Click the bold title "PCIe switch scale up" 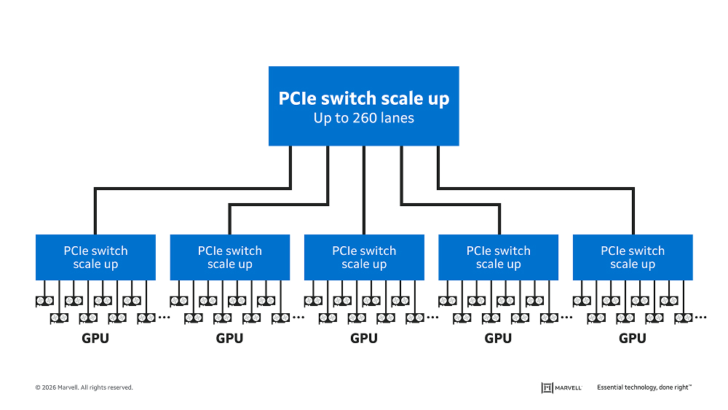pyautogui.click(x=364, y=98)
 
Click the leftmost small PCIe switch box pyautogui.click(x=95, y=257)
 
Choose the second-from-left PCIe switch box pyautogui.click(x=229, y=257)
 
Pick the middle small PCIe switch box pyautogui.click(x=364, y=257)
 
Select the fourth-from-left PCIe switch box pyautogui.click(x=498, y=257)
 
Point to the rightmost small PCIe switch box pyautogui.click(x=633, y=257)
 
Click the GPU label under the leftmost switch pyautogui.click(x=95, y=339)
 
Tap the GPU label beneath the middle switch pyautogui.click(x=364, y=339)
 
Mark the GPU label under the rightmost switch pyautogui.click(x=633, y=339)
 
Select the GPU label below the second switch pyautogui.click(x=229, y=339)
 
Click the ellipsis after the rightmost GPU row pyautogui.click(x=700, y=318)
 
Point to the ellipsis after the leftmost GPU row pyautogui.click(x=163, y=318)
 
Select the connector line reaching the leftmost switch pyautogui.click(x=95, y=211)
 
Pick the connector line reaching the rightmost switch pyautogui.click(x=633, y=211)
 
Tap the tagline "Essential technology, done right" pyautogui.click(x=644, y=387)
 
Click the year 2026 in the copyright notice pyautogui.click(x=50, y=387)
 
